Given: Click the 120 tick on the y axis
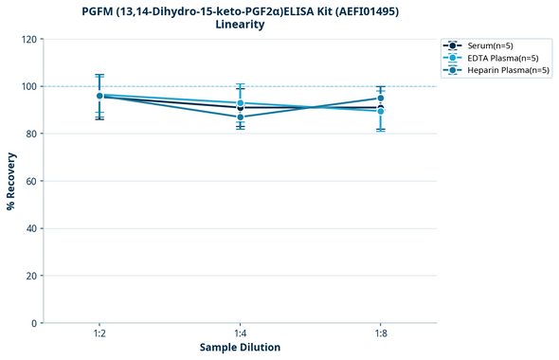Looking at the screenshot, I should coord(30,39).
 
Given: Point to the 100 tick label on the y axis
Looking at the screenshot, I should coord(30,86).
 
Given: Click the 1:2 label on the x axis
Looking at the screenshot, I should coord(99,333).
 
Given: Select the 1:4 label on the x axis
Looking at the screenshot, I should coord(240,333).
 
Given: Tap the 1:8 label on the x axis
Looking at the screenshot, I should coord(380,333).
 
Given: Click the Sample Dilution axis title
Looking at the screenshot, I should coord(240,348).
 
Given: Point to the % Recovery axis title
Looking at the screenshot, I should coord(11,181).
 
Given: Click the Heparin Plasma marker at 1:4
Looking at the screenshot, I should coord(240,117).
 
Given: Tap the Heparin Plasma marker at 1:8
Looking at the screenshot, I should coord(380,98).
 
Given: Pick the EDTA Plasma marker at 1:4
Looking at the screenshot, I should coord(240,103).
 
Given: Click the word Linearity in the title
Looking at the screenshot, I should coord(240,25).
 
